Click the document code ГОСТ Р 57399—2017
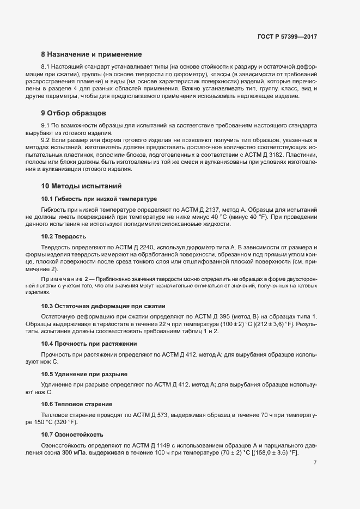287,36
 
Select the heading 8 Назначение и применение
91,54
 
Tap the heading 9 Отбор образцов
74,113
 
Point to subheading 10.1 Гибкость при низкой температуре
99,198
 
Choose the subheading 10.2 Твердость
63,236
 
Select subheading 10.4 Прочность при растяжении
89,344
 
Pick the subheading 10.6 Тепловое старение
77,404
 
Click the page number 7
315,463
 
